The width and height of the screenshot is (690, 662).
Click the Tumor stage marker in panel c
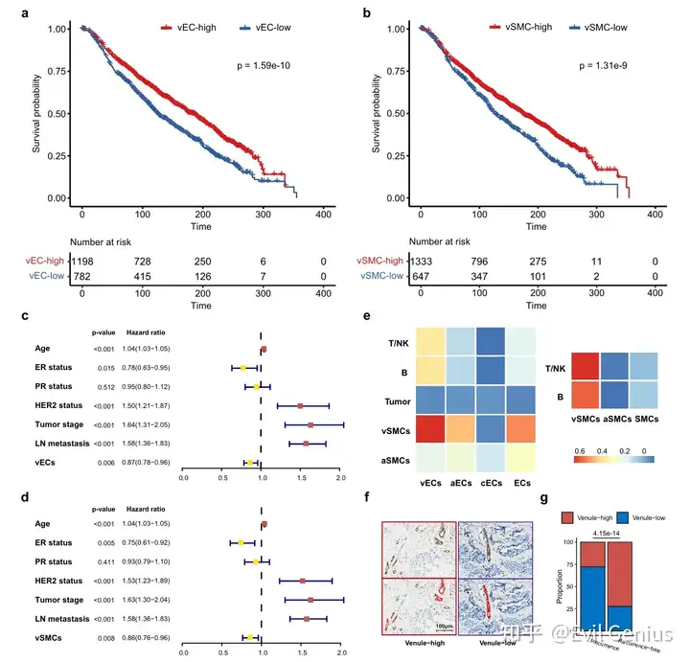[310, 424]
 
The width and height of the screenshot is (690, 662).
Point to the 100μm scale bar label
[437, 627]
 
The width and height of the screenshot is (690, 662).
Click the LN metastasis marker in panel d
[307, 619]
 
